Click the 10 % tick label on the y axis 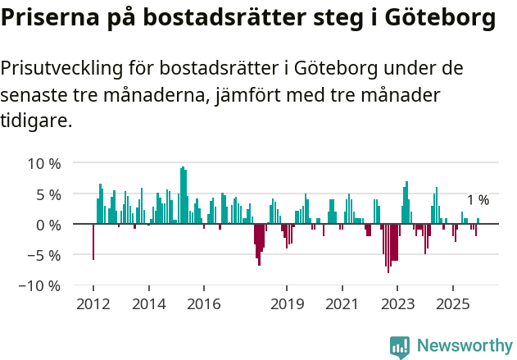pos(44,163)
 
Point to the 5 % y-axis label pos(48,194)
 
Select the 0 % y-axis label pos(48,225)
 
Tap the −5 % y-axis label pos(44,255)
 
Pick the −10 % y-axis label pos(40,286)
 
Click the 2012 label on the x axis pos(93,304)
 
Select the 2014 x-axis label pos(148,304)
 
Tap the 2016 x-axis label pos(204,304)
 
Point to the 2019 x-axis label pos(287,304)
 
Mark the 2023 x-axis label pos(397,304)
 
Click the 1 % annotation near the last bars pos(478,200)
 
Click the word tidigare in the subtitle pos(36,121)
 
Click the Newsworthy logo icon pos(400,347)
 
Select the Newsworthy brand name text pos(465,347)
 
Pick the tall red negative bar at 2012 pos(93,242)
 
